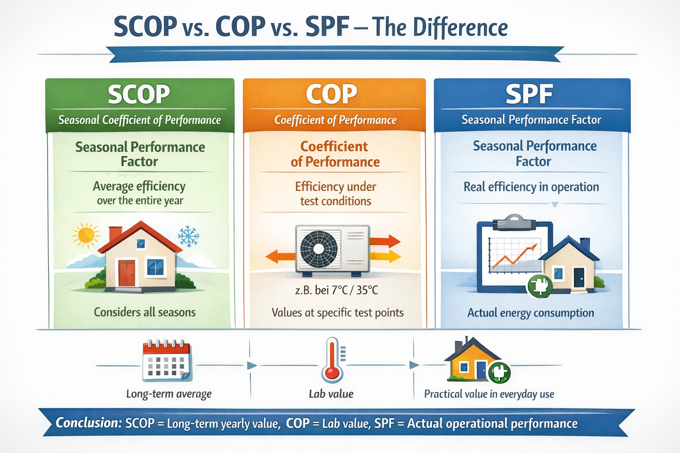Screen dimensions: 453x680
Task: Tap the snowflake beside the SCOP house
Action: (189, 236)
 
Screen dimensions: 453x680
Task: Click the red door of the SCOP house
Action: (127, 273)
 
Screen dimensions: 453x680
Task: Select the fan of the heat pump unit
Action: (319, 248)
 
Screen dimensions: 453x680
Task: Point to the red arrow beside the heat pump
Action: (385, 242)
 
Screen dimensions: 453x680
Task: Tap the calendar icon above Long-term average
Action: (166, 361)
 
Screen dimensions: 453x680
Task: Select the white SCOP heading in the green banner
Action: (139, 94)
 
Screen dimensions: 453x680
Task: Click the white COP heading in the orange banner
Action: (332, 94)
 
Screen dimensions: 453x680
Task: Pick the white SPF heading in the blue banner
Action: (529, 94)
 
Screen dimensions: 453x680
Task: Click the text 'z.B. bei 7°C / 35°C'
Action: (336, 290)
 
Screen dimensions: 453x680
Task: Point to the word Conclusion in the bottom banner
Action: (88, 423)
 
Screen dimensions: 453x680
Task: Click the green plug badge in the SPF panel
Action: (540, 285)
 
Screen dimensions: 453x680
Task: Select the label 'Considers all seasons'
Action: (145, 312)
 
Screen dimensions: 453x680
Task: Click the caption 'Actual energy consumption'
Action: (531, 313)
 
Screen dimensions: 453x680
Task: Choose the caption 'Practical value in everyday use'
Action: (489, 394)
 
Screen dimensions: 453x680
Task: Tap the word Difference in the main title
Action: (460, 27)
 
